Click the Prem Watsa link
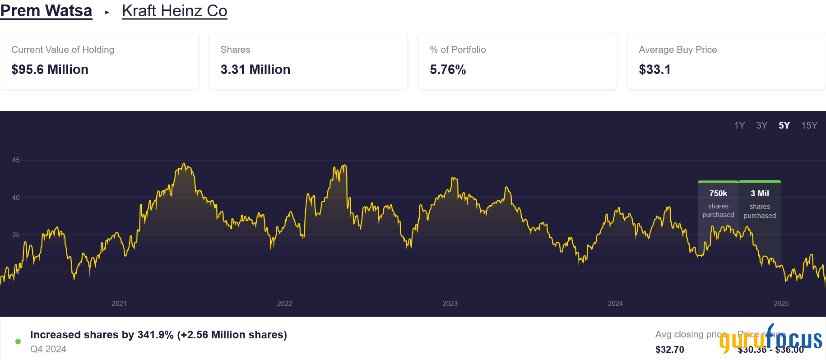(x=46, y=11)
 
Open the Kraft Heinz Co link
(x=174, y=11)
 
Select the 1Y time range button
(x=739, y=125)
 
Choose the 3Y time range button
(x=762, y=125)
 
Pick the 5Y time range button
(x=784, y=125)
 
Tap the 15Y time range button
(x=809, y=125)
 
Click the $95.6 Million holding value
(x=50, y=69)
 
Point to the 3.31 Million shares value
(x=255, y=69)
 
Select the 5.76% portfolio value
(x=448, y=69)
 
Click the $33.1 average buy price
(x=654, y=69)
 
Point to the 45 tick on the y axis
(x=16, y=160)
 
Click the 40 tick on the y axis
(x=16, y=198)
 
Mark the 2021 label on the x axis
(x=119, y=304)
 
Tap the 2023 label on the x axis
(x=450, y=304)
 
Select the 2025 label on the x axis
(x=781, y=304)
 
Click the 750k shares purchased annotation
(x=718, y=203)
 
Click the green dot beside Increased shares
(x=18, y=342)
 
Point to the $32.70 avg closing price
(x=670, y=350)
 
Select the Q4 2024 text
(x=48, y=349)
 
